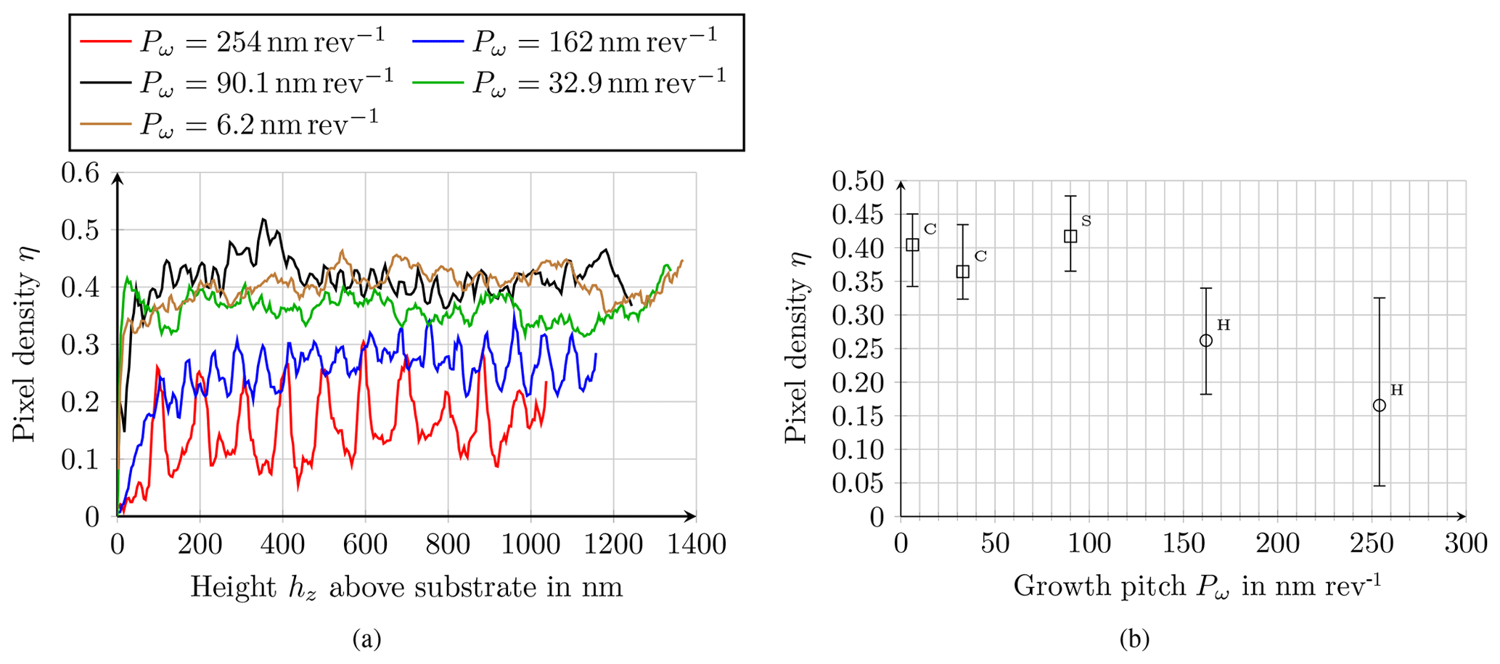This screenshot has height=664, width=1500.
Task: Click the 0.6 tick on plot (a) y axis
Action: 80,173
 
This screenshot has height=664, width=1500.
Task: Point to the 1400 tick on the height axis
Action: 695,544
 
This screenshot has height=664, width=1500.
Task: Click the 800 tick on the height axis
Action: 448,544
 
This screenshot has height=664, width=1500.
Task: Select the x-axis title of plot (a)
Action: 406,587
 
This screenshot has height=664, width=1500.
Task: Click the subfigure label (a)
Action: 366,639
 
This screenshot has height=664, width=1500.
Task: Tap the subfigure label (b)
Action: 1134,639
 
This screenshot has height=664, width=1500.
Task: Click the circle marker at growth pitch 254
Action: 1380,406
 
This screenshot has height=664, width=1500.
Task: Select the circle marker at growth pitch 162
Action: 1206,341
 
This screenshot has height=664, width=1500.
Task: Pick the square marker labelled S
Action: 1070,237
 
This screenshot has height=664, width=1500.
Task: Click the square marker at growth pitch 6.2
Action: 913,245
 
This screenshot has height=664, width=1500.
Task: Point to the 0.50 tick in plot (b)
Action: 858,181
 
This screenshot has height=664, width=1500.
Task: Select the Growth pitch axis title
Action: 1196,586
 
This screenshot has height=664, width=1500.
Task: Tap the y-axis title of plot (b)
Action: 797,348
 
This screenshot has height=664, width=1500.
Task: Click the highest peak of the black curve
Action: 263,219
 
